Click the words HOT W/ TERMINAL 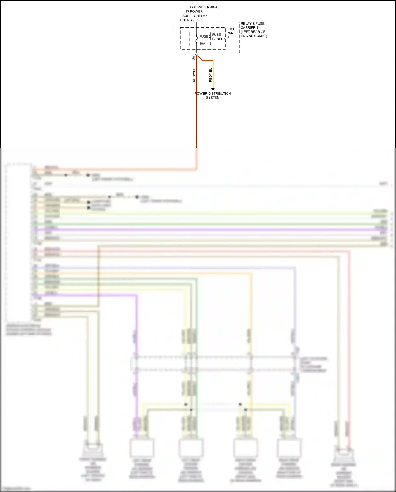tap(204, 7)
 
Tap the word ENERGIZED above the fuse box tap(190, 20)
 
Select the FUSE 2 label tap(205, 36)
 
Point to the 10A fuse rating tap(202, 44)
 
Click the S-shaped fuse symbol tap(197, 39)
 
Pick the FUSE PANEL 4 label tap(219, 37)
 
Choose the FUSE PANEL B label tap(232, 33)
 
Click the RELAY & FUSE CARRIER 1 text tap(252, 26)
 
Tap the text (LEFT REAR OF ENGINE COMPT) tap(254, 34)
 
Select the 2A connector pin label tap(194, 58)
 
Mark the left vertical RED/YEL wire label tap(194, 75)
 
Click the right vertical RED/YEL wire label tap(210, 75)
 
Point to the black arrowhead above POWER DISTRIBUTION tap(213, 89)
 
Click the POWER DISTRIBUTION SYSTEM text tap(213, 95)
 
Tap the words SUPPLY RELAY tap(195, 16)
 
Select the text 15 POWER tap(194, 11)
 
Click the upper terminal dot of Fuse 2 tap(197, 36)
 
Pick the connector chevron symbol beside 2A tap(197, 54)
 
